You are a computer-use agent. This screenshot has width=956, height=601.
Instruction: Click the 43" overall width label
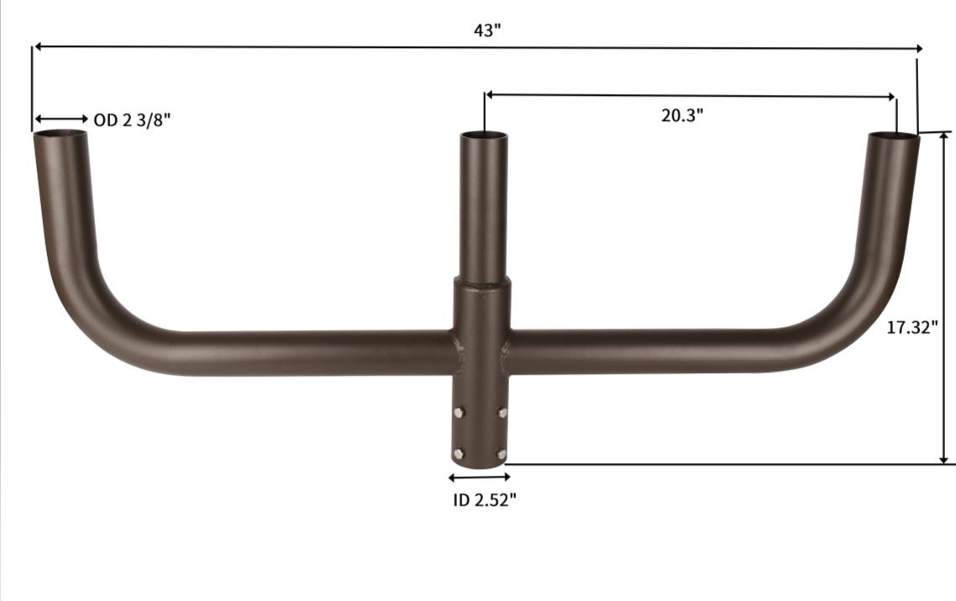coord(487,30)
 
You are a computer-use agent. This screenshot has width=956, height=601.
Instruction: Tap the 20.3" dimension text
coord(681,116)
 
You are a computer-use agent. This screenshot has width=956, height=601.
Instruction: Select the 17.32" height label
coord(911,328)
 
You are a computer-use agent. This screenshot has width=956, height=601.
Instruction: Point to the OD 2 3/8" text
coord(132,120)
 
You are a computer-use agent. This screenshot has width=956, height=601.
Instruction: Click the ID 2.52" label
coord(479,500)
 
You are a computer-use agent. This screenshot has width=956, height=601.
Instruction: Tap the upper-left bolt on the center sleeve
coord(458,412)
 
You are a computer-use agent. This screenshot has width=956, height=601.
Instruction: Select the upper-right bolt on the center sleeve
coord(502,412)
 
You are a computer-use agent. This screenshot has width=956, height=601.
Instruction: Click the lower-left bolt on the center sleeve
coord(458,453)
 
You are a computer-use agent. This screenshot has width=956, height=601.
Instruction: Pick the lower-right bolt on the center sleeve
coord(502,453)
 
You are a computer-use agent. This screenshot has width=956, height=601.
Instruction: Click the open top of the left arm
coord(60,134)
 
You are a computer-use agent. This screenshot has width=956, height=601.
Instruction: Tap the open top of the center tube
coord(484,135)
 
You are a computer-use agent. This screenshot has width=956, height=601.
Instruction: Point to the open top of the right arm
coord(893,135)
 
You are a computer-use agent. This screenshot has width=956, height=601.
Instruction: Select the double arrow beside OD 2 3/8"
coord(61,119)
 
